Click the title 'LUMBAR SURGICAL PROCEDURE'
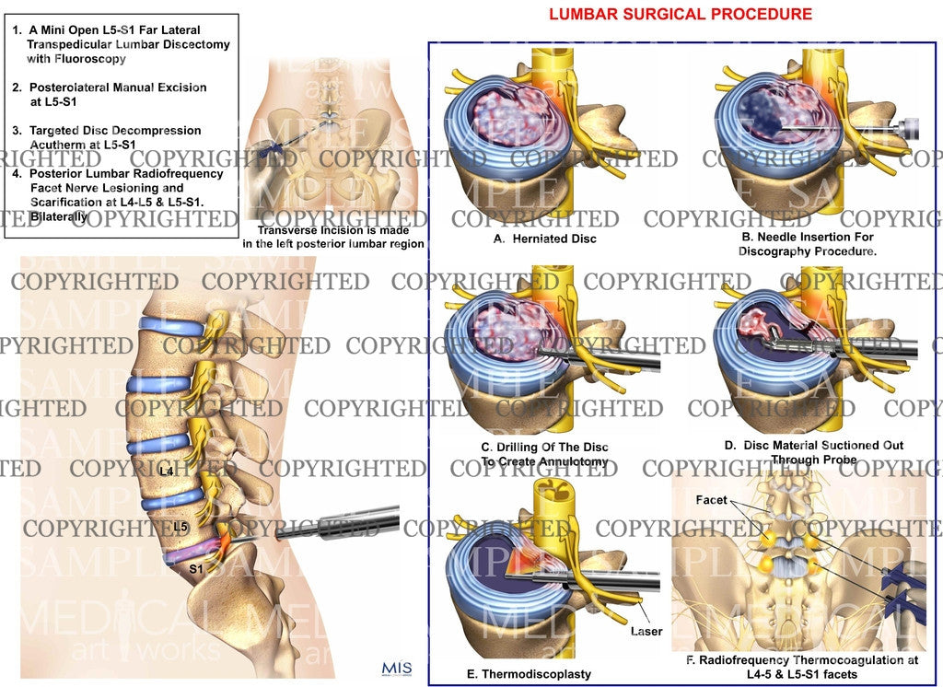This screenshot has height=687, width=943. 681,14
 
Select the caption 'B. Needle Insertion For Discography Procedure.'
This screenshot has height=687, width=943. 793,244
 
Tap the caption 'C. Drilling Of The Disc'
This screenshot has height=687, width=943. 544,448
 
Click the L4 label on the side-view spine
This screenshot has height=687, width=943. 166,472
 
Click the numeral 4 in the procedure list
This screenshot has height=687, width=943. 18,173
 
